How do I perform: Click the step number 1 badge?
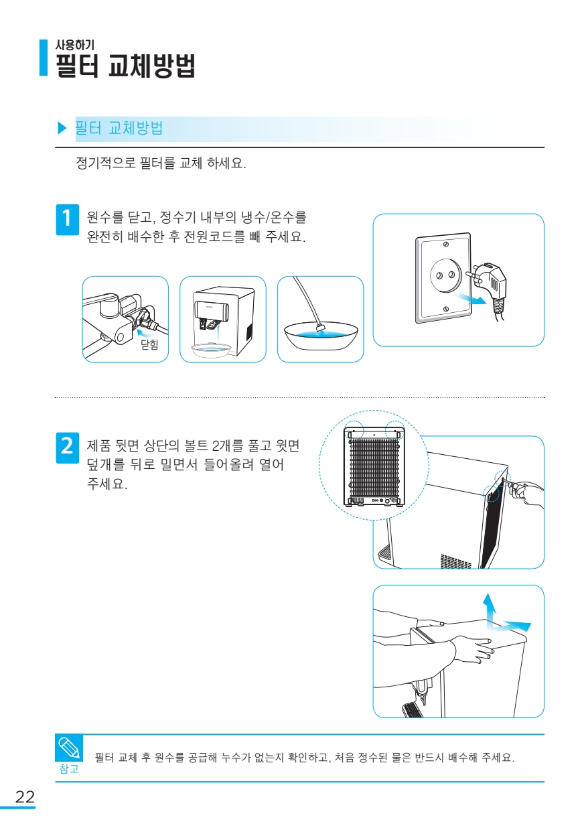coord(68,219)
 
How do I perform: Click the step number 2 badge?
coord(68,447)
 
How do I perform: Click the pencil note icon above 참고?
coord(69,748)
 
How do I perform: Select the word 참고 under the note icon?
coord(69,769)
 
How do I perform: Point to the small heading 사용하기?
coord(75,45)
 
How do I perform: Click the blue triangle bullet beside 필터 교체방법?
coord(62,129)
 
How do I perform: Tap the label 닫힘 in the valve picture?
coord(150,344)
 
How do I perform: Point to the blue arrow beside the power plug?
coord(470,298)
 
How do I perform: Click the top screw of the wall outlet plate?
coord(446,245)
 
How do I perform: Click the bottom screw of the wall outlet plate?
coord(446,309)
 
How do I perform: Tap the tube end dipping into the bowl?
coord(319,327)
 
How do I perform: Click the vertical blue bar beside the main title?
coord(44,58)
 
